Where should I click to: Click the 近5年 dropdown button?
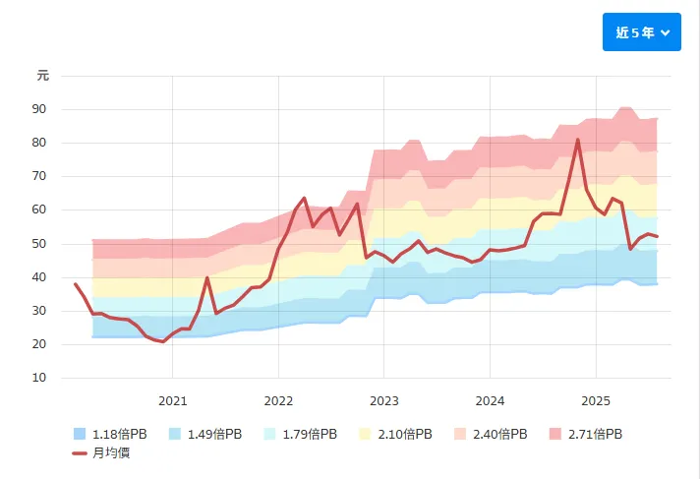[x=641, y=32]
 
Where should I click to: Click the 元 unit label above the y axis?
[x=42, y=75]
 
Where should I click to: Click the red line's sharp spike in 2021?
[x=207, y=277]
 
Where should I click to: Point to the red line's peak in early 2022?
[x=304, y=198]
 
